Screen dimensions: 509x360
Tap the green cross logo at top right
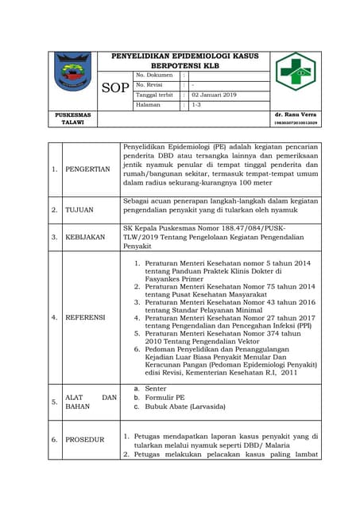(x=295, y=72)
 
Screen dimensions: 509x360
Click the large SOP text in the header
(x=115, y=87)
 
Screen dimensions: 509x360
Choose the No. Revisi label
(x=150, y=85)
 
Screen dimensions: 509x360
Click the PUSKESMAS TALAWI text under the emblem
(x=72, y=119)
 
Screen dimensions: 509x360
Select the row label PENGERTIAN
(x=87, y=169)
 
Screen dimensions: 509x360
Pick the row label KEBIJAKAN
(x=85, y=237)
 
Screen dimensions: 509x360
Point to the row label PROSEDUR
(x=84, y=439)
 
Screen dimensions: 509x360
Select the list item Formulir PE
(x=165, y=397)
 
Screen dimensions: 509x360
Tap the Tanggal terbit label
(x=154, y=95)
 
